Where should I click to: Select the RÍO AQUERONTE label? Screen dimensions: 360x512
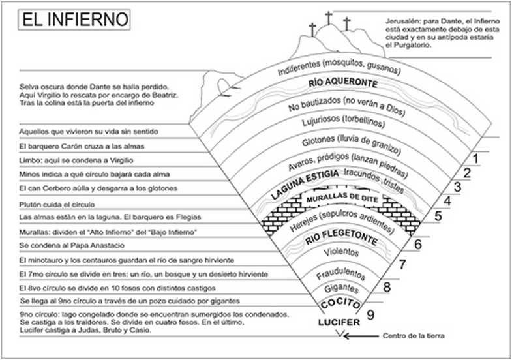click(343, 84)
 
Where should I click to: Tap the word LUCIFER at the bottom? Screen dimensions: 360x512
click(339, 323)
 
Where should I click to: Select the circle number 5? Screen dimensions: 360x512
click(438, 215)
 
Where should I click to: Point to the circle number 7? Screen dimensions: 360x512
click(402, 265)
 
